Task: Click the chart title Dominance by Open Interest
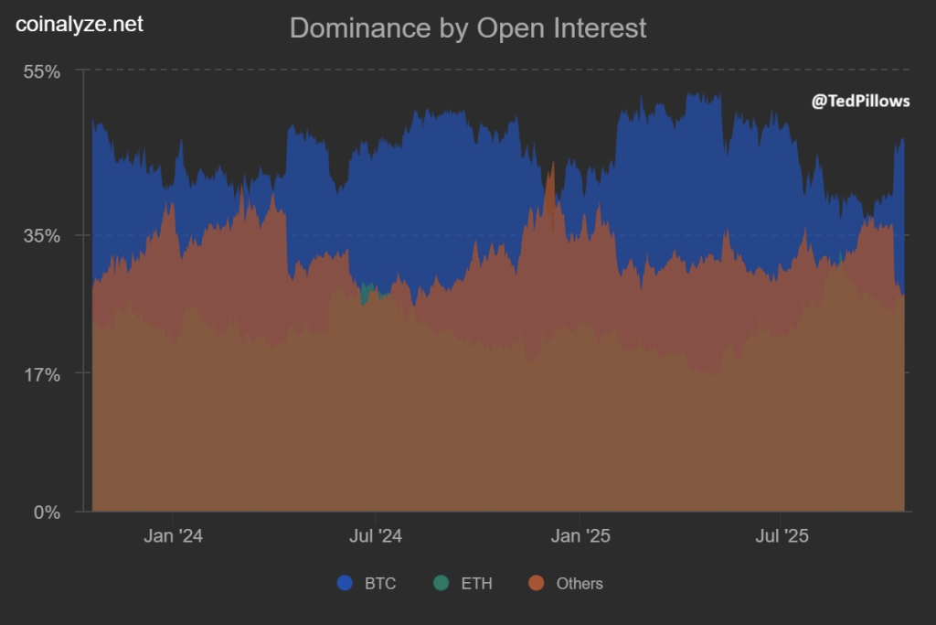click(x=467, y=27)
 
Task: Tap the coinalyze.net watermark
click(x=80, y=25)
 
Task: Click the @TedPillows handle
click(x=860, y=102)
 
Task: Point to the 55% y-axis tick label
click(x=41, y=71)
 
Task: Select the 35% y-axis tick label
click(x=41, y=235)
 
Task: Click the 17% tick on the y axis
click(x=41, y=373)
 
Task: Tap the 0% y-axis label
click(x=47, y=512)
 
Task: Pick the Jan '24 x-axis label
click(x=173, y=536)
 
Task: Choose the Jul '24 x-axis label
click(x=375, y=536)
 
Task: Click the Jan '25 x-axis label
click(x=579, y=536)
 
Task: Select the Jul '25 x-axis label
click(x=782, y=536)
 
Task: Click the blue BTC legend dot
click(x=346, y=583)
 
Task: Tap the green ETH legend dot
click(x=441, y=583)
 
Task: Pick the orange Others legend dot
click(x=537, y=583)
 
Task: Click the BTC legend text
click(x=380, y=584)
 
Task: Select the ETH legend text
click(x=476, y=584)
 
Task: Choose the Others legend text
click(x=580, y=584)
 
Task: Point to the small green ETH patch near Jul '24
click(x=367, y=294)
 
